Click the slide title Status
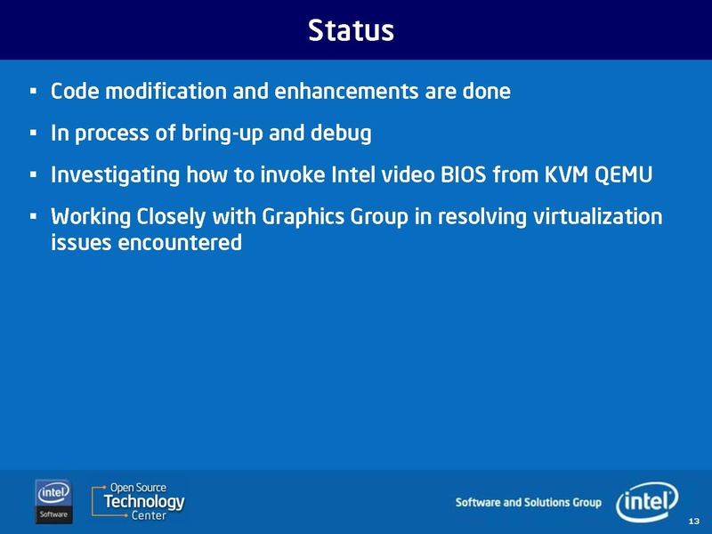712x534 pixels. click(350, 30)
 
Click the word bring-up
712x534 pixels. click(222, 134)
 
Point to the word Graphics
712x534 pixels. click(303, 218)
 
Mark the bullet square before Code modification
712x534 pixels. click(32, 92)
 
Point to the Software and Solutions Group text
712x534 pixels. click(528, 503)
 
